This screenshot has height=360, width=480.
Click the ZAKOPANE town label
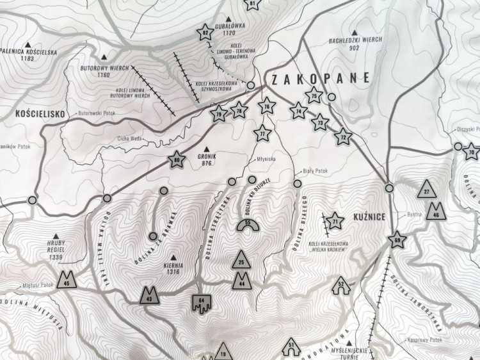(321, 79)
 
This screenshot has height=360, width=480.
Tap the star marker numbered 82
(205, 34)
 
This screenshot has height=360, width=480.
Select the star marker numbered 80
(177, 161)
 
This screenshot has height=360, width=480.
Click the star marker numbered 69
(397, 240)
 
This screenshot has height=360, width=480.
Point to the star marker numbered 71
(334, 222)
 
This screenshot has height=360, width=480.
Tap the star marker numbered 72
(344, 136)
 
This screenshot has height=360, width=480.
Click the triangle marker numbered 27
(427, 190)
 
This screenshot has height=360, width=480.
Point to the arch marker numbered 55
(248, 224)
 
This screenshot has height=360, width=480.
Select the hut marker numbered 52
(340, 284)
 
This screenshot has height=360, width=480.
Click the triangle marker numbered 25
(241, 260)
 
